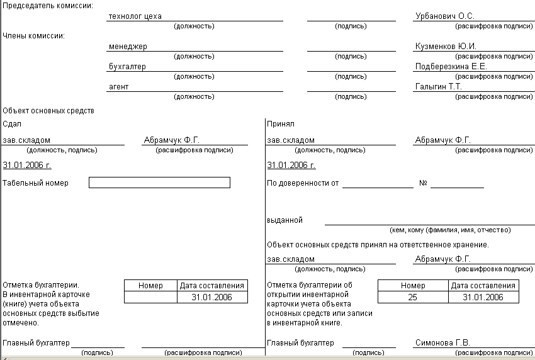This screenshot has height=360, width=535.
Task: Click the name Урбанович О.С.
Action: pos(444,16)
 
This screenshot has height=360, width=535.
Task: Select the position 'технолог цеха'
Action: pos(135,16)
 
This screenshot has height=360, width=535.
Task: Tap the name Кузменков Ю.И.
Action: pos(446,46)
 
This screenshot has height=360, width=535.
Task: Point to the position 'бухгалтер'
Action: pos(127,66)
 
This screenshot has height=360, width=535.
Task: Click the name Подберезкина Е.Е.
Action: pos(451,66)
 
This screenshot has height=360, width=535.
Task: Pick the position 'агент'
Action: pos(118,86)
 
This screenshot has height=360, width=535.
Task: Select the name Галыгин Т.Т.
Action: pos(439,86)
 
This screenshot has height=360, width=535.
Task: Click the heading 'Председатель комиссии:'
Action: pos(47,5)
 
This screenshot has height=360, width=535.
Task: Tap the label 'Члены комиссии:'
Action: pos(34,35)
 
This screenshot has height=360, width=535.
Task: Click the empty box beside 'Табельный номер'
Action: pos(159,183)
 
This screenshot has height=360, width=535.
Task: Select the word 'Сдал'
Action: pos(12,124)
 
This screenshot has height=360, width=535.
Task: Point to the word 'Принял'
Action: pos(281,124)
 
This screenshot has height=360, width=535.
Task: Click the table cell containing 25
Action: pos(412,297)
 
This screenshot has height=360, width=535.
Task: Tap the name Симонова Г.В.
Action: pos(442,343)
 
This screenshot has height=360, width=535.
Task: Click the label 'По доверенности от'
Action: pos(303,183)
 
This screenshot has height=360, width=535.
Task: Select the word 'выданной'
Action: pos(284,220)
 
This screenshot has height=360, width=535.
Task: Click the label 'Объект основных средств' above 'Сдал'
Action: pos(48,111)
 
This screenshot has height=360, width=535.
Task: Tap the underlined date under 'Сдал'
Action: pos(27,165)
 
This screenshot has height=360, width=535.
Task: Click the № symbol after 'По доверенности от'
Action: pos(423,183)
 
